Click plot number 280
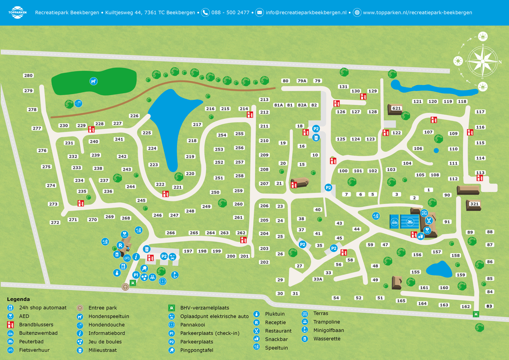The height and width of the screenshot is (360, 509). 28,76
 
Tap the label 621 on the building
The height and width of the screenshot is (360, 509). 396,108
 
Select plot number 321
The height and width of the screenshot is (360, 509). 474,204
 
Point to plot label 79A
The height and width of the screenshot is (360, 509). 302,81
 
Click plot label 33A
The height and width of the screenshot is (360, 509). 318,279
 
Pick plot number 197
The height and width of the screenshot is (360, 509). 188,251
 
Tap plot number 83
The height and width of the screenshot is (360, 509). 489,306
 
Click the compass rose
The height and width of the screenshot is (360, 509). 482,62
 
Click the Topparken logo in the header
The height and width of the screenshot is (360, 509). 17,12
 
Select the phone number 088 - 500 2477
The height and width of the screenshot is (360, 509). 230,12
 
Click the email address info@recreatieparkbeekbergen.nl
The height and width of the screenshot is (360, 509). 306,12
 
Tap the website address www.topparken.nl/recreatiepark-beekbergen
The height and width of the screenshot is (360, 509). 417,12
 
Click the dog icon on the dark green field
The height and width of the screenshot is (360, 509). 93,81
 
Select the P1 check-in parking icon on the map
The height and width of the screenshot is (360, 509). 136,275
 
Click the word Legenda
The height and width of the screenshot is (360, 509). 18,299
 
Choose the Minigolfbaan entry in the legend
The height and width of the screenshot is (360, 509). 328,330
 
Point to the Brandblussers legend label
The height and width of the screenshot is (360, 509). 36,325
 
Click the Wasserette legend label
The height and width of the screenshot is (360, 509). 327,339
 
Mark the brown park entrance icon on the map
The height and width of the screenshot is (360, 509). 125,286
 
